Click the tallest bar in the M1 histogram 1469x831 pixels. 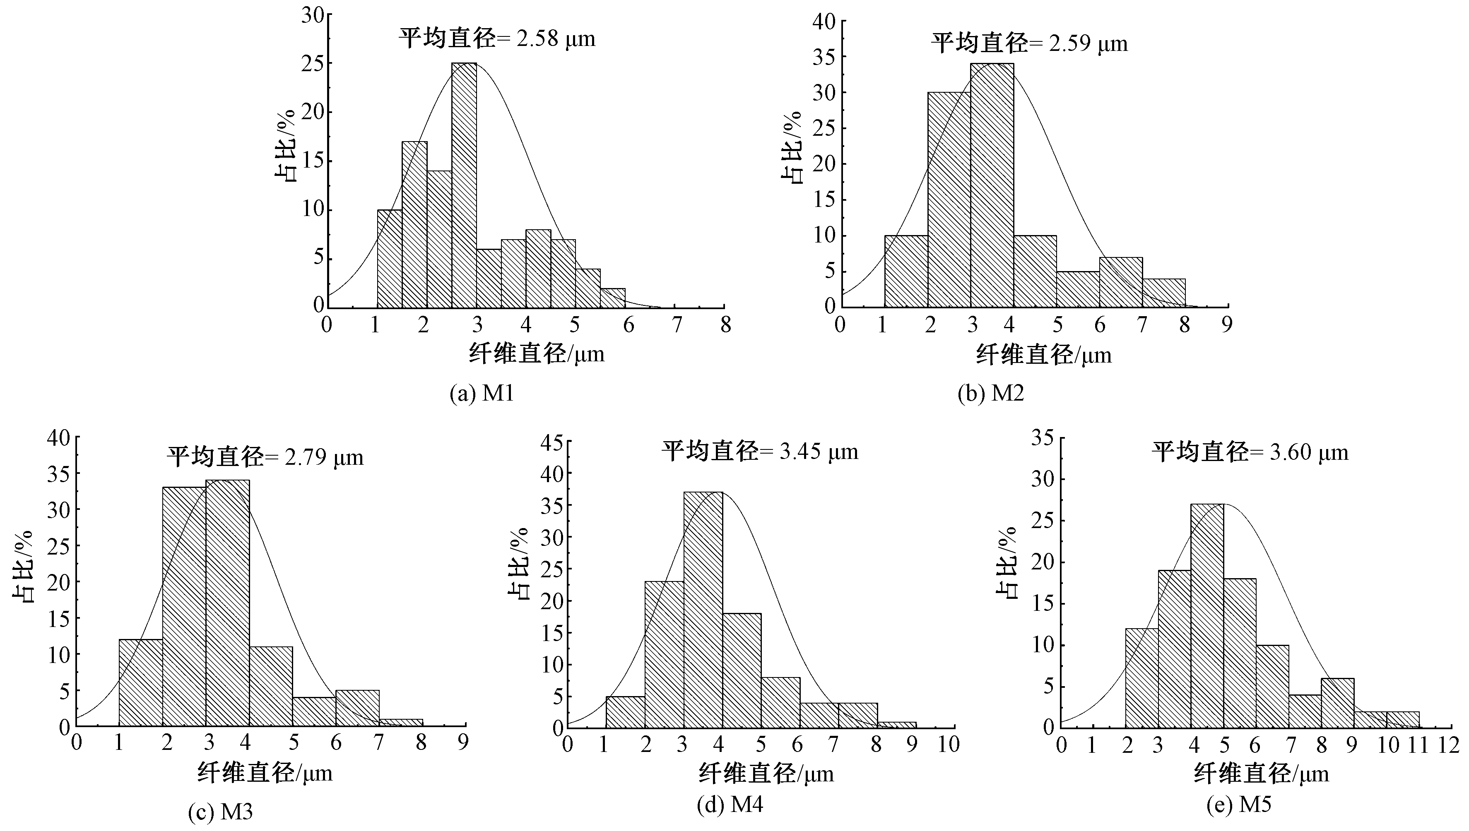pyautogui.click(x=464, y=185)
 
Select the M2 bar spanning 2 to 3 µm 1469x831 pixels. pyautogui.click(x=949, y=200)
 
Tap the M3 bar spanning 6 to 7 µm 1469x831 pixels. pyautogui.click(x=357, y=708)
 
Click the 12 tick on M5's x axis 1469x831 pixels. pyautogui.click(x=1448, y=745)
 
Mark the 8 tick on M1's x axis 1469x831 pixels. pyautogui.click(x=725, y=325)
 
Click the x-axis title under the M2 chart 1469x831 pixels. pyautogui.click(x=1044, y=355)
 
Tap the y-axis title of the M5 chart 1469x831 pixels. pyautogui.click(x=1006, y=562)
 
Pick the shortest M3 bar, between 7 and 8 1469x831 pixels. pyautogui.click(x=401, y=723)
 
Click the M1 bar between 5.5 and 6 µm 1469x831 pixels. pyautogui.click(x=613, y=298)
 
